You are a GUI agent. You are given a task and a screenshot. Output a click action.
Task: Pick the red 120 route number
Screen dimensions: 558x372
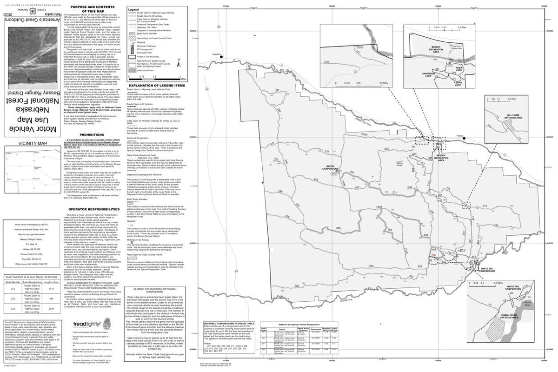pos(434,256)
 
